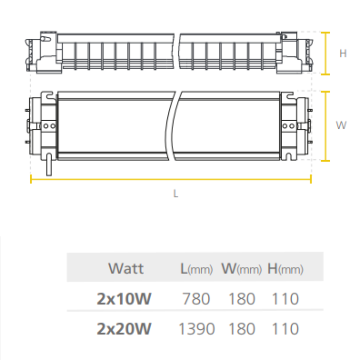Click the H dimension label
343,54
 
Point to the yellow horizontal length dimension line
171,180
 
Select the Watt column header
126,269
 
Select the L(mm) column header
196,269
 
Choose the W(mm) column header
241,269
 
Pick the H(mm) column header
285,269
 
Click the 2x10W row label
124,299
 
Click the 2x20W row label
124,329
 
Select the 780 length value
196,299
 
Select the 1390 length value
196,329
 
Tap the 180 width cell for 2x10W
242,299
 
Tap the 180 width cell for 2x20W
242,329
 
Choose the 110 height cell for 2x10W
285,299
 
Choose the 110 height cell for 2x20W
285,329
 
